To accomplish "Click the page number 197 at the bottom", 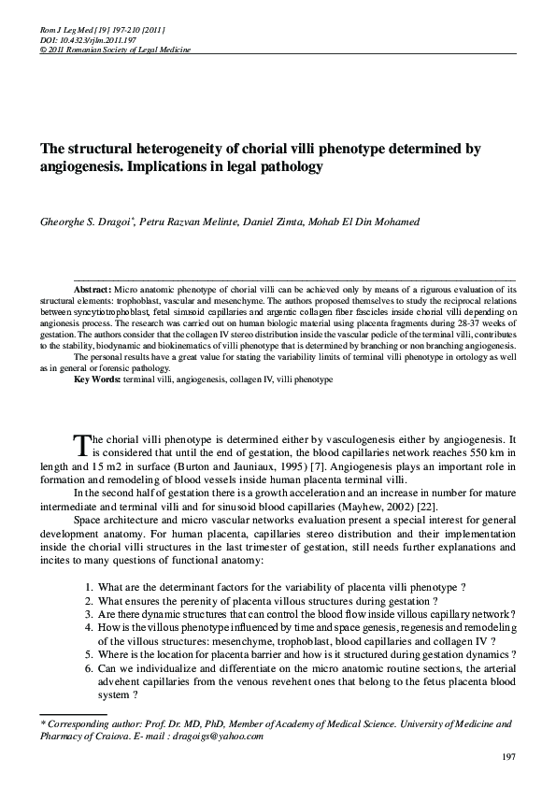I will coord(509,755).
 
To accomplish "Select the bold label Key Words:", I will coord(99,381).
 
